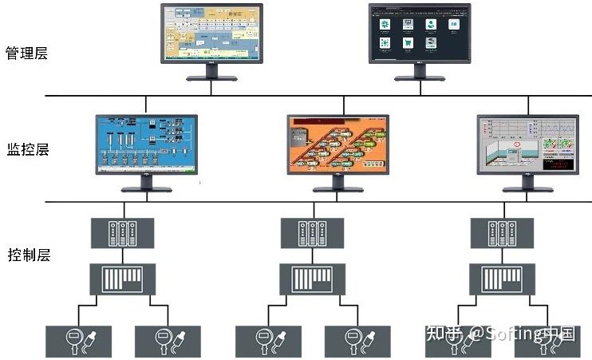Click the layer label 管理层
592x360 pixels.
click(x=27, y=53)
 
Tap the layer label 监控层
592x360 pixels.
click(x=28, y=149)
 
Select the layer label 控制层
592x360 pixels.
click(x=28, y=255)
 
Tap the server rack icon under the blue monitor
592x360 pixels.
click(x=121, y=231)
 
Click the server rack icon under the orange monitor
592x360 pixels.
click(x=312, y=231)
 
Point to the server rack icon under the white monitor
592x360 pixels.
click(x=502, y=231)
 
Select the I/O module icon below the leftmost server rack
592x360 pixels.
click(x=121, y=279)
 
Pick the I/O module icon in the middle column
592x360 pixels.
click(x=312, y=279)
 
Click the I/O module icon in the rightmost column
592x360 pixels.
click(x=502, y=279)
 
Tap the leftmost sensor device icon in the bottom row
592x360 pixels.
click(x=78, y=341)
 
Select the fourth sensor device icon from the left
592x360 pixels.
click(x=357, y=341)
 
